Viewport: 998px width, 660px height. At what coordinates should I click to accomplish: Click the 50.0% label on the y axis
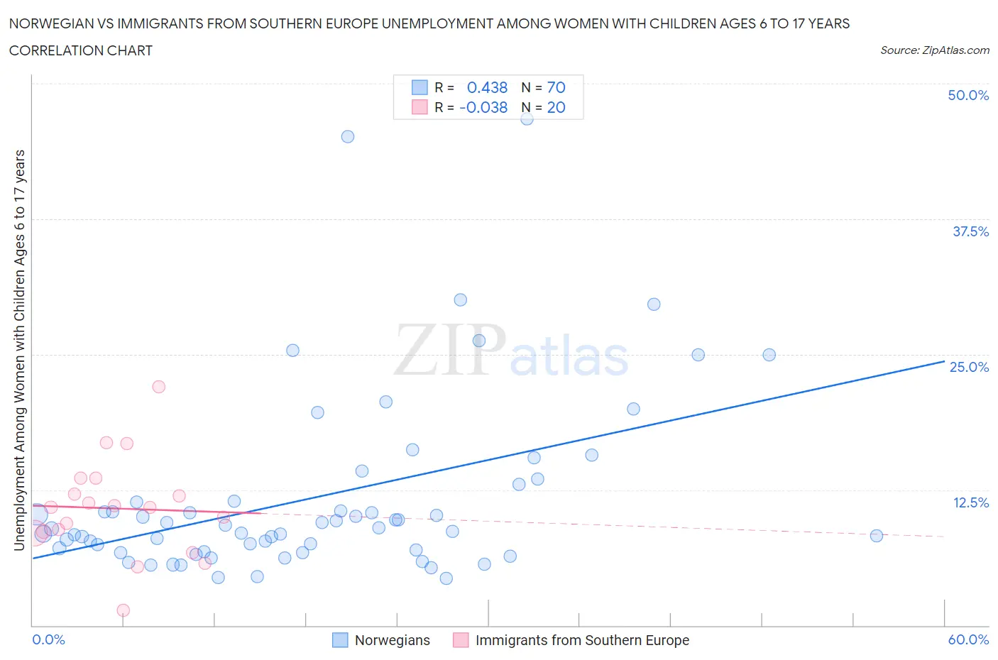click(968, 95)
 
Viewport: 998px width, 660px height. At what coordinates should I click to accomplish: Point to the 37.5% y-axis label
click(970, 231)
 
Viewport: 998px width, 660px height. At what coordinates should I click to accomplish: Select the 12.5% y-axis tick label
click(970, 502)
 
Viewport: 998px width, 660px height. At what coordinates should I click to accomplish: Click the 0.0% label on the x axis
click(48, 639)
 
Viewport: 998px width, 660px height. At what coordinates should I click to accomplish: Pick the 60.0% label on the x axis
click(968, 639)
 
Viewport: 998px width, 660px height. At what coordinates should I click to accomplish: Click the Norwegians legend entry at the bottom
click(392, 640)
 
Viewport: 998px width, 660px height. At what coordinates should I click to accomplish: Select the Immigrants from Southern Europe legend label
click(582, 640)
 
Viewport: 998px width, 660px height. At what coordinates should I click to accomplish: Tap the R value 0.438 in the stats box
click(487, 87)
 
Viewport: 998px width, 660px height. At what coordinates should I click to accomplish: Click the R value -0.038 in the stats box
click(483, 107)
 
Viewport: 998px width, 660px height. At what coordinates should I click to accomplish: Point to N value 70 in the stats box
click(556, 87)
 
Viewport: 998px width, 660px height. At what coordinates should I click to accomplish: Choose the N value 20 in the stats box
click(556, 107)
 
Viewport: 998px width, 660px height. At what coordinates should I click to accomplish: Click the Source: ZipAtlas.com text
click(934, 50)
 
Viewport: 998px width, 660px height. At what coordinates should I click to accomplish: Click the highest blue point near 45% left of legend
click(348, 136)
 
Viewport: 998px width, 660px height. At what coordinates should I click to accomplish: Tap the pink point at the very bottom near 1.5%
click(124, 610)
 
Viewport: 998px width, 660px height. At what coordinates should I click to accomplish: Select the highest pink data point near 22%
click(159, 387)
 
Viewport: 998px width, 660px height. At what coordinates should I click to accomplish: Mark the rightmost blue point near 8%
click(877, 536)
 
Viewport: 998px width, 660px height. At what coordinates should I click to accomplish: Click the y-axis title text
click(19, 350)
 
